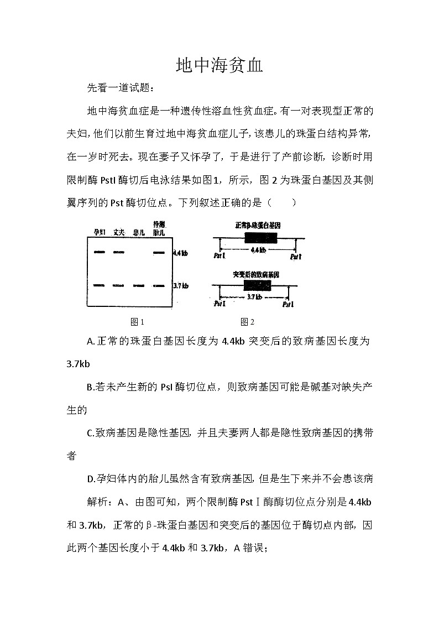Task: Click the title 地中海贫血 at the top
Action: pos(219,66)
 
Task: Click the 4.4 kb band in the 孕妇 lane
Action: pos(100,253)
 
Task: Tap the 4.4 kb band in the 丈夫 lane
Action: pos(119,253)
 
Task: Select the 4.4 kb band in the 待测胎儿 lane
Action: pos(159,253)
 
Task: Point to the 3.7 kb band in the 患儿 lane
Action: pos(139,286)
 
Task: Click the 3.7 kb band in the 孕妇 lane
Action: pos(100,285)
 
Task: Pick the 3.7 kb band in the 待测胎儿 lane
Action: pos(159,286)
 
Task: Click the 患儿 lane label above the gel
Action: pos(139,232)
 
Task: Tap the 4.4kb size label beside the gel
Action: pos(180,253)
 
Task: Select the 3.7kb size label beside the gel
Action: pos(180,286)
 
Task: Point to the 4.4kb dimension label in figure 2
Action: pos(258,250)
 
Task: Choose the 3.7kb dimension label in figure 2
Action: pos(254,298)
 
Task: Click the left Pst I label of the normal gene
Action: pos(219,257)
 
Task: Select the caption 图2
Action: pos(247,322)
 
